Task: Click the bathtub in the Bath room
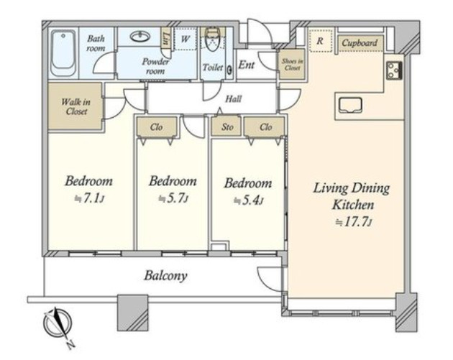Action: pyautogui.click(x=63, y=53)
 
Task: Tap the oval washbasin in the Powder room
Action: pyautogui.click(x=140, y=37)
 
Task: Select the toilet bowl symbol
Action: pyautogui.click(x=213, y=40)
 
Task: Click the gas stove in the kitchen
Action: pyautogui.click(x=394, y=70)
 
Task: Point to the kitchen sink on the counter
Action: pyautogui.click(x=350, y=106)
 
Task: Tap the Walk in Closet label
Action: pyautogui.click(x=75, y=106)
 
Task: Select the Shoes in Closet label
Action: pyautogui.click(x=293, y=65)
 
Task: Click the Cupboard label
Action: pyautogui.click(x=360, y=43)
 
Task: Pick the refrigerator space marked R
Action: pyautogui.click(x=320, y=41)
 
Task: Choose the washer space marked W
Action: pyautogui.click(x=186, y=39)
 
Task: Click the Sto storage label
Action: pyautogui.click(x=227, y=126)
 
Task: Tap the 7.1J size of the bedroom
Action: pyautogui.click(x=89, y=198)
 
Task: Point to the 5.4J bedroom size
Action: pyautogui.click(x=249, y=200)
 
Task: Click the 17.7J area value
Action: pyautogui.click(x=353, y=222)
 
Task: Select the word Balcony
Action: pyautogui.click(x=165, y=276)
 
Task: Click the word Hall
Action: pyautogui.click(x=233, y=99)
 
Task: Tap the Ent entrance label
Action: pyautogui.click(x=246, y=65)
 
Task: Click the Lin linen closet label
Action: pyautogui.click(x=166, y=39)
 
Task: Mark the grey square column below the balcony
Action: pyautogui.click(x=133, y=313)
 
